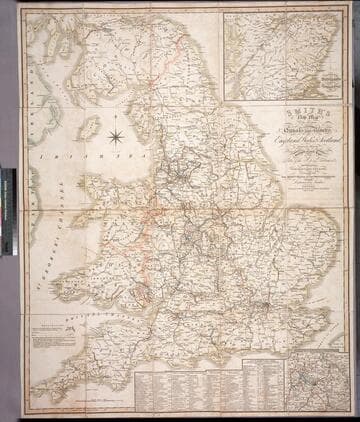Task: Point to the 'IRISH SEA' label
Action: tap(62, 156)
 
